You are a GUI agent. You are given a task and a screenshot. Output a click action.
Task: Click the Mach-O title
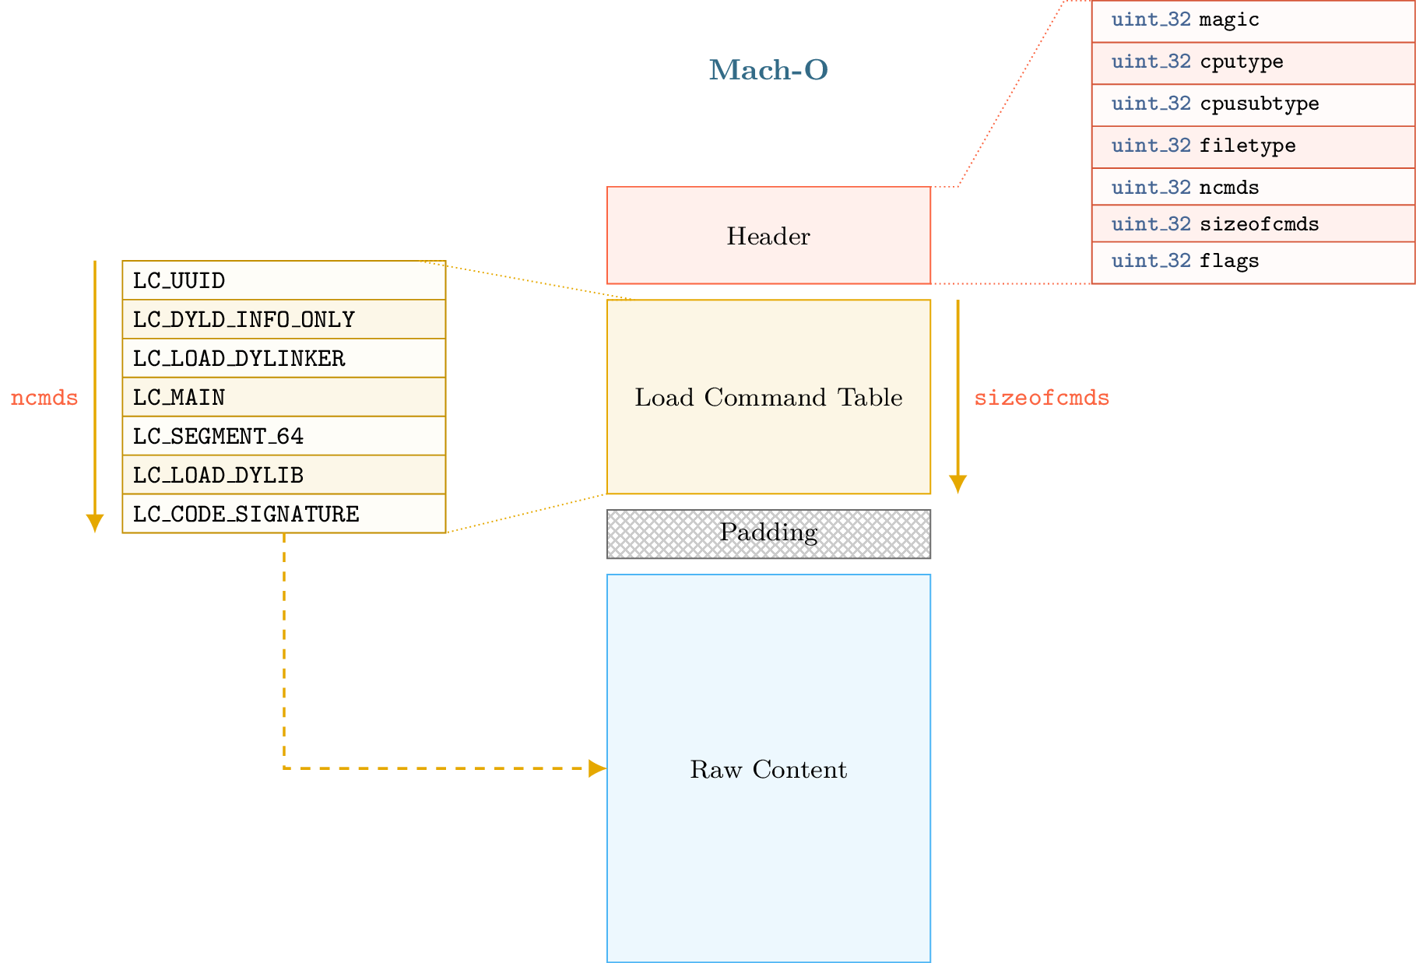pyautogui.click(x=768, y=70)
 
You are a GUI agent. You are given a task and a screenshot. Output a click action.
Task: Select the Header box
pyautogui.click(x=768, y=235)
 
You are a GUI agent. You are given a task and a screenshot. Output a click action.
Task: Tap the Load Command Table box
pyautogui.click(x=768, y=397)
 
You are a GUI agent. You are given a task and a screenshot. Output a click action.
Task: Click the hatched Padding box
pyautogui.click(x=768, y=533)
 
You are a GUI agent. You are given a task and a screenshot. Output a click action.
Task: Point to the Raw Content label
pyautogui.click(x=768, y=769)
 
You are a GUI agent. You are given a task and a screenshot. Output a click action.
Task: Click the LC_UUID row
pyautogui.click(x=283, y=280)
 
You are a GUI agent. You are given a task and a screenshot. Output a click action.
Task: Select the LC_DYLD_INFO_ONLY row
pyautogui.click(x=283, y=319)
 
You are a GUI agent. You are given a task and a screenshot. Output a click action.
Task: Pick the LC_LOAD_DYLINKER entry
pyautogui.click(x=283, y=358)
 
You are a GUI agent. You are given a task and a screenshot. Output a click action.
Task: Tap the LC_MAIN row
pyautogui.click(x=283, y=397)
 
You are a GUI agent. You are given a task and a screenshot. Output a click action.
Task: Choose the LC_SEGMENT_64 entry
pyautogui.click(x=283, y=436)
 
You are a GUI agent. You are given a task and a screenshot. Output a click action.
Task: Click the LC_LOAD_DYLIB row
pyautogui.click(x=283, y=475)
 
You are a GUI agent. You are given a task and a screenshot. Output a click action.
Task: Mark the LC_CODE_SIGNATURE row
pyautogui.click(x=283, y=514)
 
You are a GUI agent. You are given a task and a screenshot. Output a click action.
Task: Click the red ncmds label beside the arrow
pyautogui.click(x=44, y=398)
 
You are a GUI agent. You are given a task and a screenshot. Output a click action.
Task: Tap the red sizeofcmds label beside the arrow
pyautogui.click(x=1041, y=398)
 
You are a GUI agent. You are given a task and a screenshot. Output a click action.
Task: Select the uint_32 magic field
pyautogui.click(x=1253, y=20)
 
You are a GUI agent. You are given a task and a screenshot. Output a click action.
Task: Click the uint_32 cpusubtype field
pyautogui.click(x=1253, y=104)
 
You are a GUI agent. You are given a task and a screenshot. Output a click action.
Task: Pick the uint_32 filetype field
pyautogui.click(x=1253, y=146)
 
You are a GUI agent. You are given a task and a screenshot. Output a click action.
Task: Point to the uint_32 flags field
pyautogui.click(x=1253, y=262)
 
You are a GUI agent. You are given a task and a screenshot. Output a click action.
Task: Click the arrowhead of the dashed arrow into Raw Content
pyautogui.click(x=597, y=768)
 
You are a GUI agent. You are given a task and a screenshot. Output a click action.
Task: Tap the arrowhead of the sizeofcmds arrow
pyautogui.click(x=957, y=484)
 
